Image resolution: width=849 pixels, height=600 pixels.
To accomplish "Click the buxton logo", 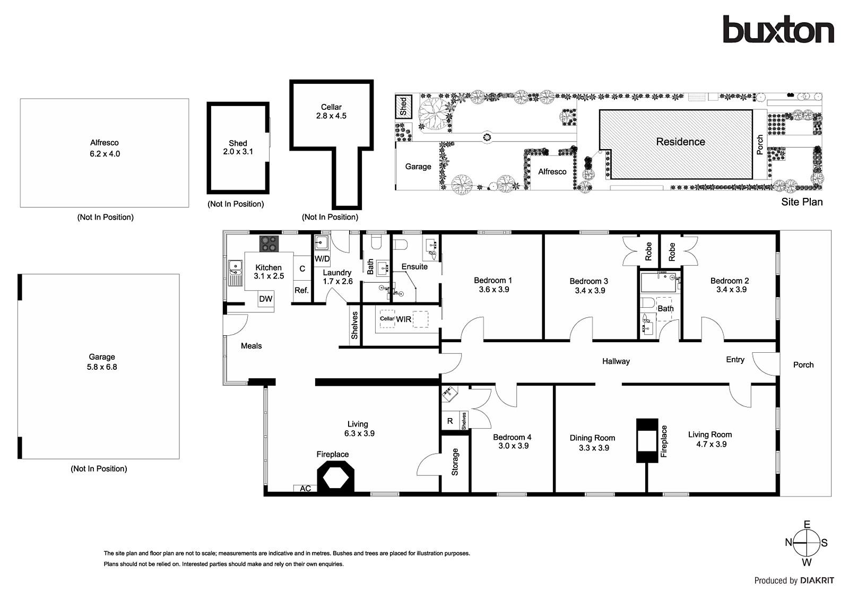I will click(778, 30).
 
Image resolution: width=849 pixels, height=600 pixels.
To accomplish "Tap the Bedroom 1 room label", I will click(493, 285).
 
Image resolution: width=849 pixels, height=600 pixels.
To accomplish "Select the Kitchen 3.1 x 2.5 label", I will click(268, 272).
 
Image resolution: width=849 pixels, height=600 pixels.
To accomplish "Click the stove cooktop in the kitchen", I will click(269, 244).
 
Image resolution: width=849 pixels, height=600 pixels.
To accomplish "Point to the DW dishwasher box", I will click(266, 299).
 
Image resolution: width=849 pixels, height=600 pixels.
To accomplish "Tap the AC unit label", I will click(305, 489).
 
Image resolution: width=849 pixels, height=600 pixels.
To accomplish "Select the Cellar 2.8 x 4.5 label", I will click(331, 111).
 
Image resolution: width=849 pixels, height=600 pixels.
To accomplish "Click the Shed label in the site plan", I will click(403, 107).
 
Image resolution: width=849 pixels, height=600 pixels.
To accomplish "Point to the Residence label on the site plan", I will click(680, 142).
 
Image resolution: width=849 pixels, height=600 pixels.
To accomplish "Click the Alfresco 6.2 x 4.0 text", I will click(105, 148).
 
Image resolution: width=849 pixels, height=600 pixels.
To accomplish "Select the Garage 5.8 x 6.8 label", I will click(102, 362).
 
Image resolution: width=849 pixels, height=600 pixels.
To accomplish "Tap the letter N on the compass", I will click(789, 542).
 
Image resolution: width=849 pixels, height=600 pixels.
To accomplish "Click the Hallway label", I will click(616, 361).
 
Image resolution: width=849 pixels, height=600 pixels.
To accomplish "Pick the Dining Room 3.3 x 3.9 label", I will click(592, 442).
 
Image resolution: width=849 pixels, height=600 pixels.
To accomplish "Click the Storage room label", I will click(455, 462).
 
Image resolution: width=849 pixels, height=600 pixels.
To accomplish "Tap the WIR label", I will click(404, 319).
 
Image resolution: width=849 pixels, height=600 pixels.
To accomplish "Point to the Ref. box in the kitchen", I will click(301, 290).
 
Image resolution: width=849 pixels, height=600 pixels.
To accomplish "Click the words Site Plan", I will click(802, 202).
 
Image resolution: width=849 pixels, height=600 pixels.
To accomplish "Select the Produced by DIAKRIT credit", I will click(794, 580).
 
